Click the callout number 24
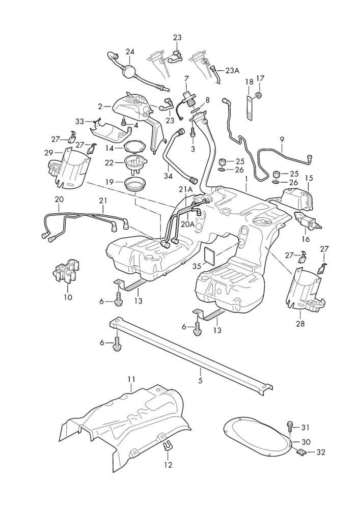pyautogui.click(x=130, y=52)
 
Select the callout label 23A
pyautogui.click(x=232, y=71)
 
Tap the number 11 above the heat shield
pyautogui.click(x=131, y=379)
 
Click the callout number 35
pyautogui.click(x=197, y=265)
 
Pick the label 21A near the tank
pyautogui.click(x=186, y=189)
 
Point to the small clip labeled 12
pyautogui.click(x=167, y=446)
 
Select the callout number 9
pyautogui.click(x=282, y=138)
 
